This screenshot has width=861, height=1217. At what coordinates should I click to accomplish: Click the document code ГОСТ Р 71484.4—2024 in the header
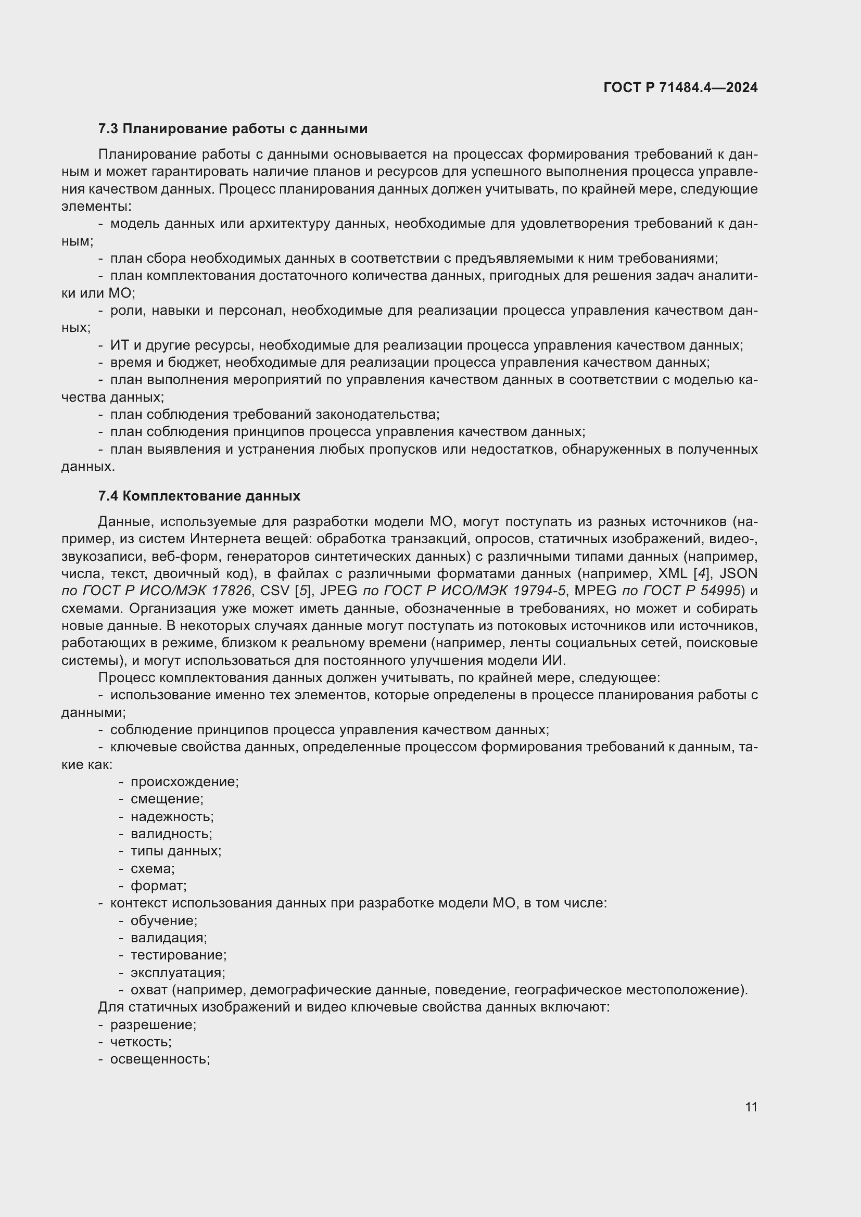tap(680, 87)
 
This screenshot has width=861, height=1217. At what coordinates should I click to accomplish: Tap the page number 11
tap(751, 1107)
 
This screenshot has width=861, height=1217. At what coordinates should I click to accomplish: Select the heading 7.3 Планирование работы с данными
tap(233, 129)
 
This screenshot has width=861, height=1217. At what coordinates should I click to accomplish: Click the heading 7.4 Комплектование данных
tap(199, 496)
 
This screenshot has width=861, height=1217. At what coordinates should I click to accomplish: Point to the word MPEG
tap(595, 591)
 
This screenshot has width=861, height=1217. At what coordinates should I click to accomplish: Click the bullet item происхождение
tap(184, 782)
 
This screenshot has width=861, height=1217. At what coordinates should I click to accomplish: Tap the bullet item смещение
tap(167, 799)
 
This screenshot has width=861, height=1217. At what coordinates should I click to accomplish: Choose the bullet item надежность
tap(172, 817)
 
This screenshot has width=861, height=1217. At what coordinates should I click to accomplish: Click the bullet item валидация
tap(169, 938)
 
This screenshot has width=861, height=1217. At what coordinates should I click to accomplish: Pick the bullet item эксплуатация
tap(178, 972)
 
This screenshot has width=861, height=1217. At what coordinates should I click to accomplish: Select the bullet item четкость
tap(141, 1042)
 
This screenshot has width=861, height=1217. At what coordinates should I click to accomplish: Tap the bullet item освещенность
tap(160, 1059)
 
